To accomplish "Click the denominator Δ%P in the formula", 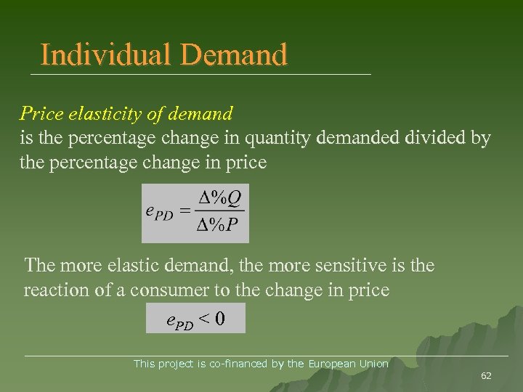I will click(x=219, y=225).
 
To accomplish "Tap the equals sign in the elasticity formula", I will click(x=185, y=212).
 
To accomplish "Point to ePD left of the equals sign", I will click(x=160, y=213).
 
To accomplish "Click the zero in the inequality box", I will click(x=220, y=318).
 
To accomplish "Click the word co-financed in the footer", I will click(x=238, y=364).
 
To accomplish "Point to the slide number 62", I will click(x=486, y=375).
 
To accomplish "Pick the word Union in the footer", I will click(x=376, y=364).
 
